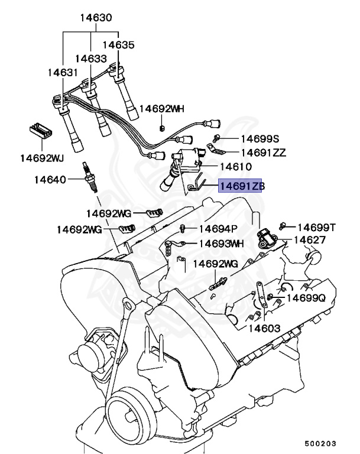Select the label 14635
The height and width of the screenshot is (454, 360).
(x=118, y=44)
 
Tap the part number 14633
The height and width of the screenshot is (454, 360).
(x=91, y=59)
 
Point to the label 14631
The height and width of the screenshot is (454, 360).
(x=63, y=73)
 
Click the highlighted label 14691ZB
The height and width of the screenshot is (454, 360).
(x=242, y=186)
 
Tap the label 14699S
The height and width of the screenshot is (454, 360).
(x=259, y=139)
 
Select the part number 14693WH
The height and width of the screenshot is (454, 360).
(x=221, y=243)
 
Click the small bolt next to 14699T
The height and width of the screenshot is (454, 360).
(x=286, y=225)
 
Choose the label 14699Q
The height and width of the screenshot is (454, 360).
(x=306, y=298)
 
